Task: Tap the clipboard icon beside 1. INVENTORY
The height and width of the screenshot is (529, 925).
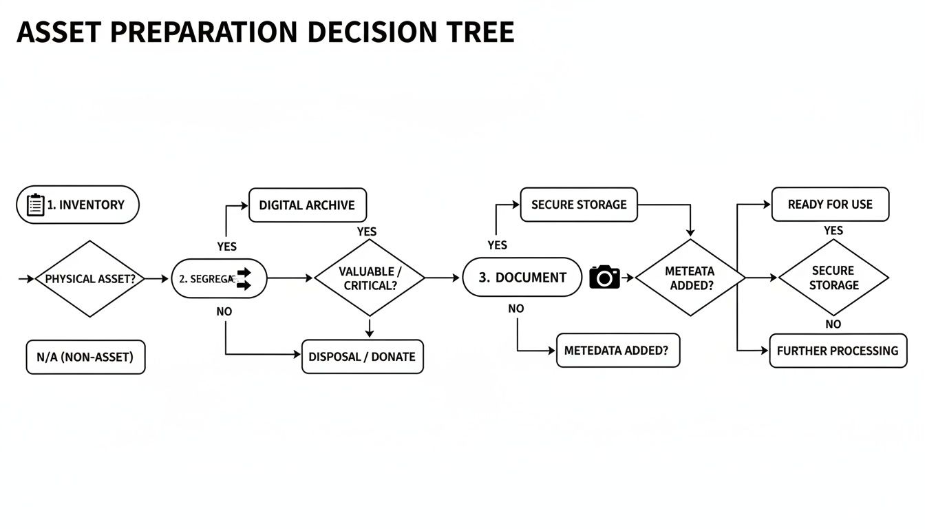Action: (35, 205)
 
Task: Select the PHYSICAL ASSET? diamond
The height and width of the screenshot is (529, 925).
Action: (89, 279)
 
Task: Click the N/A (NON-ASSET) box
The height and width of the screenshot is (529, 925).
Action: (85, 357)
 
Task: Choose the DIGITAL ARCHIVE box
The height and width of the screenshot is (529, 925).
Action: (307, 205)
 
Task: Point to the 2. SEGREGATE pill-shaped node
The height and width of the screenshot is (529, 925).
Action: (218, 279)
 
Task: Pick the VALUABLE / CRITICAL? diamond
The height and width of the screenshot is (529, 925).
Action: (370, 278)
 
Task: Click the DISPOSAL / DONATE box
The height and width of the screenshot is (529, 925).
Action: (362, 357)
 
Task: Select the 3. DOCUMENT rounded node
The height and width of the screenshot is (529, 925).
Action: (522, 278)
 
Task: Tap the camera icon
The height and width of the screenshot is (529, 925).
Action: (604, 277)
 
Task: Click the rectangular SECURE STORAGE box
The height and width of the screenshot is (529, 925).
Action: (579, 205)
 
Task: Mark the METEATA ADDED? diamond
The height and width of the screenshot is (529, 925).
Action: (690, 278)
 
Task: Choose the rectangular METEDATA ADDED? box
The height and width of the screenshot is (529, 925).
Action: (617, 351)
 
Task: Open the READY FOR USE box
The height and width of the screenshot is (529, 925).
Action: (830, 205)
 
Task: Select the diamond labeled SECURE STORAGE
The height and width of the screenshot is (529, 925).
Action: (833, 278)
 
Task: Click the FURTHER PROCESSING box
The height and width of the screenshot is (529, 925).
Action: (838, 351)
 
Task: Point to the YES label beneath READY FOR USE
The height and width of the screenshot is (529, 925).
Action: (833, 231)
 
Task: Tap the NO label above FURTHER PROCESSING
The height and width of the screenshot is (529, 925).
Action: (833, 324)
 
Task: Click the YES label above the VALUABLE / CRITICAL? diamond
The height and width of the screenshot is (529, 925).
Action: (367, 232)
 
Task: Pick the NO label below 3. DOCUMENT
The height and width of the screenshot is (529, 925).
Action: (516, 309)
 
